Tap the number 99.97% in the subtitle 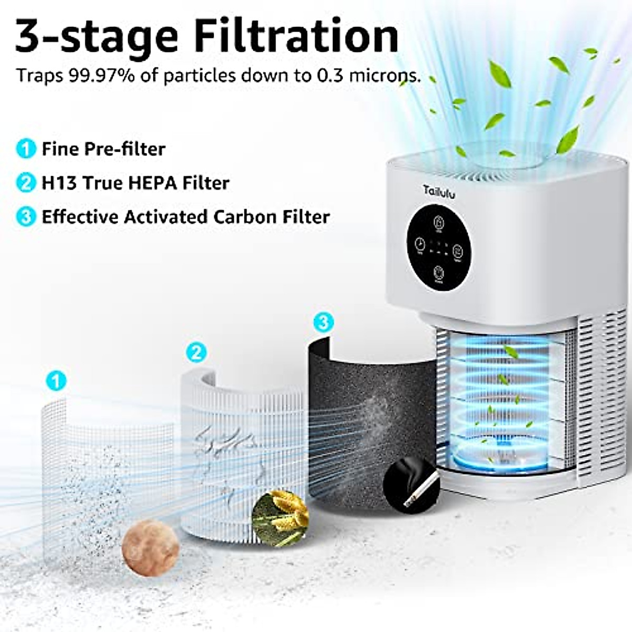coord(102,76)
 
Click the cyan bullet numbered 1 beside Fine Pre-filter coord(25,149)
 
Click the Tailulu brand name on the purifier coord(439,192)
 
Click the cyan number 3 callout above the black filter coord(323,322)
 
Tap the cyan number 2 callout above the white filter coord(196,352)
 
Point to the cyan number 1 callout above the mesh coord(56,380)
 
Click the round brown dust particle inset coord(151,548)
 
